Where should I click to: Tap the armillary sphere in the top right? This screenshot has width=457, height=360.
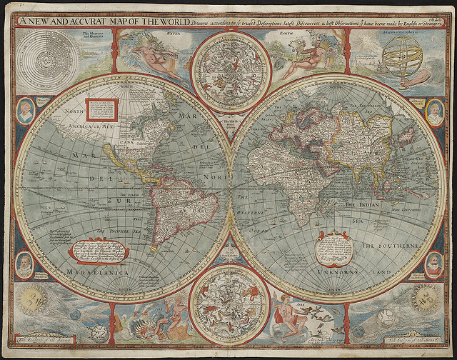402,55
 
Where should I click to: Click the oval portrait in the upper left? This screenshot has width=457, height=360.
26,110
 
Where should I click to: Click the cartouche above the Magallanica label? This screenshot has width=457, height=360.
99,252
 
